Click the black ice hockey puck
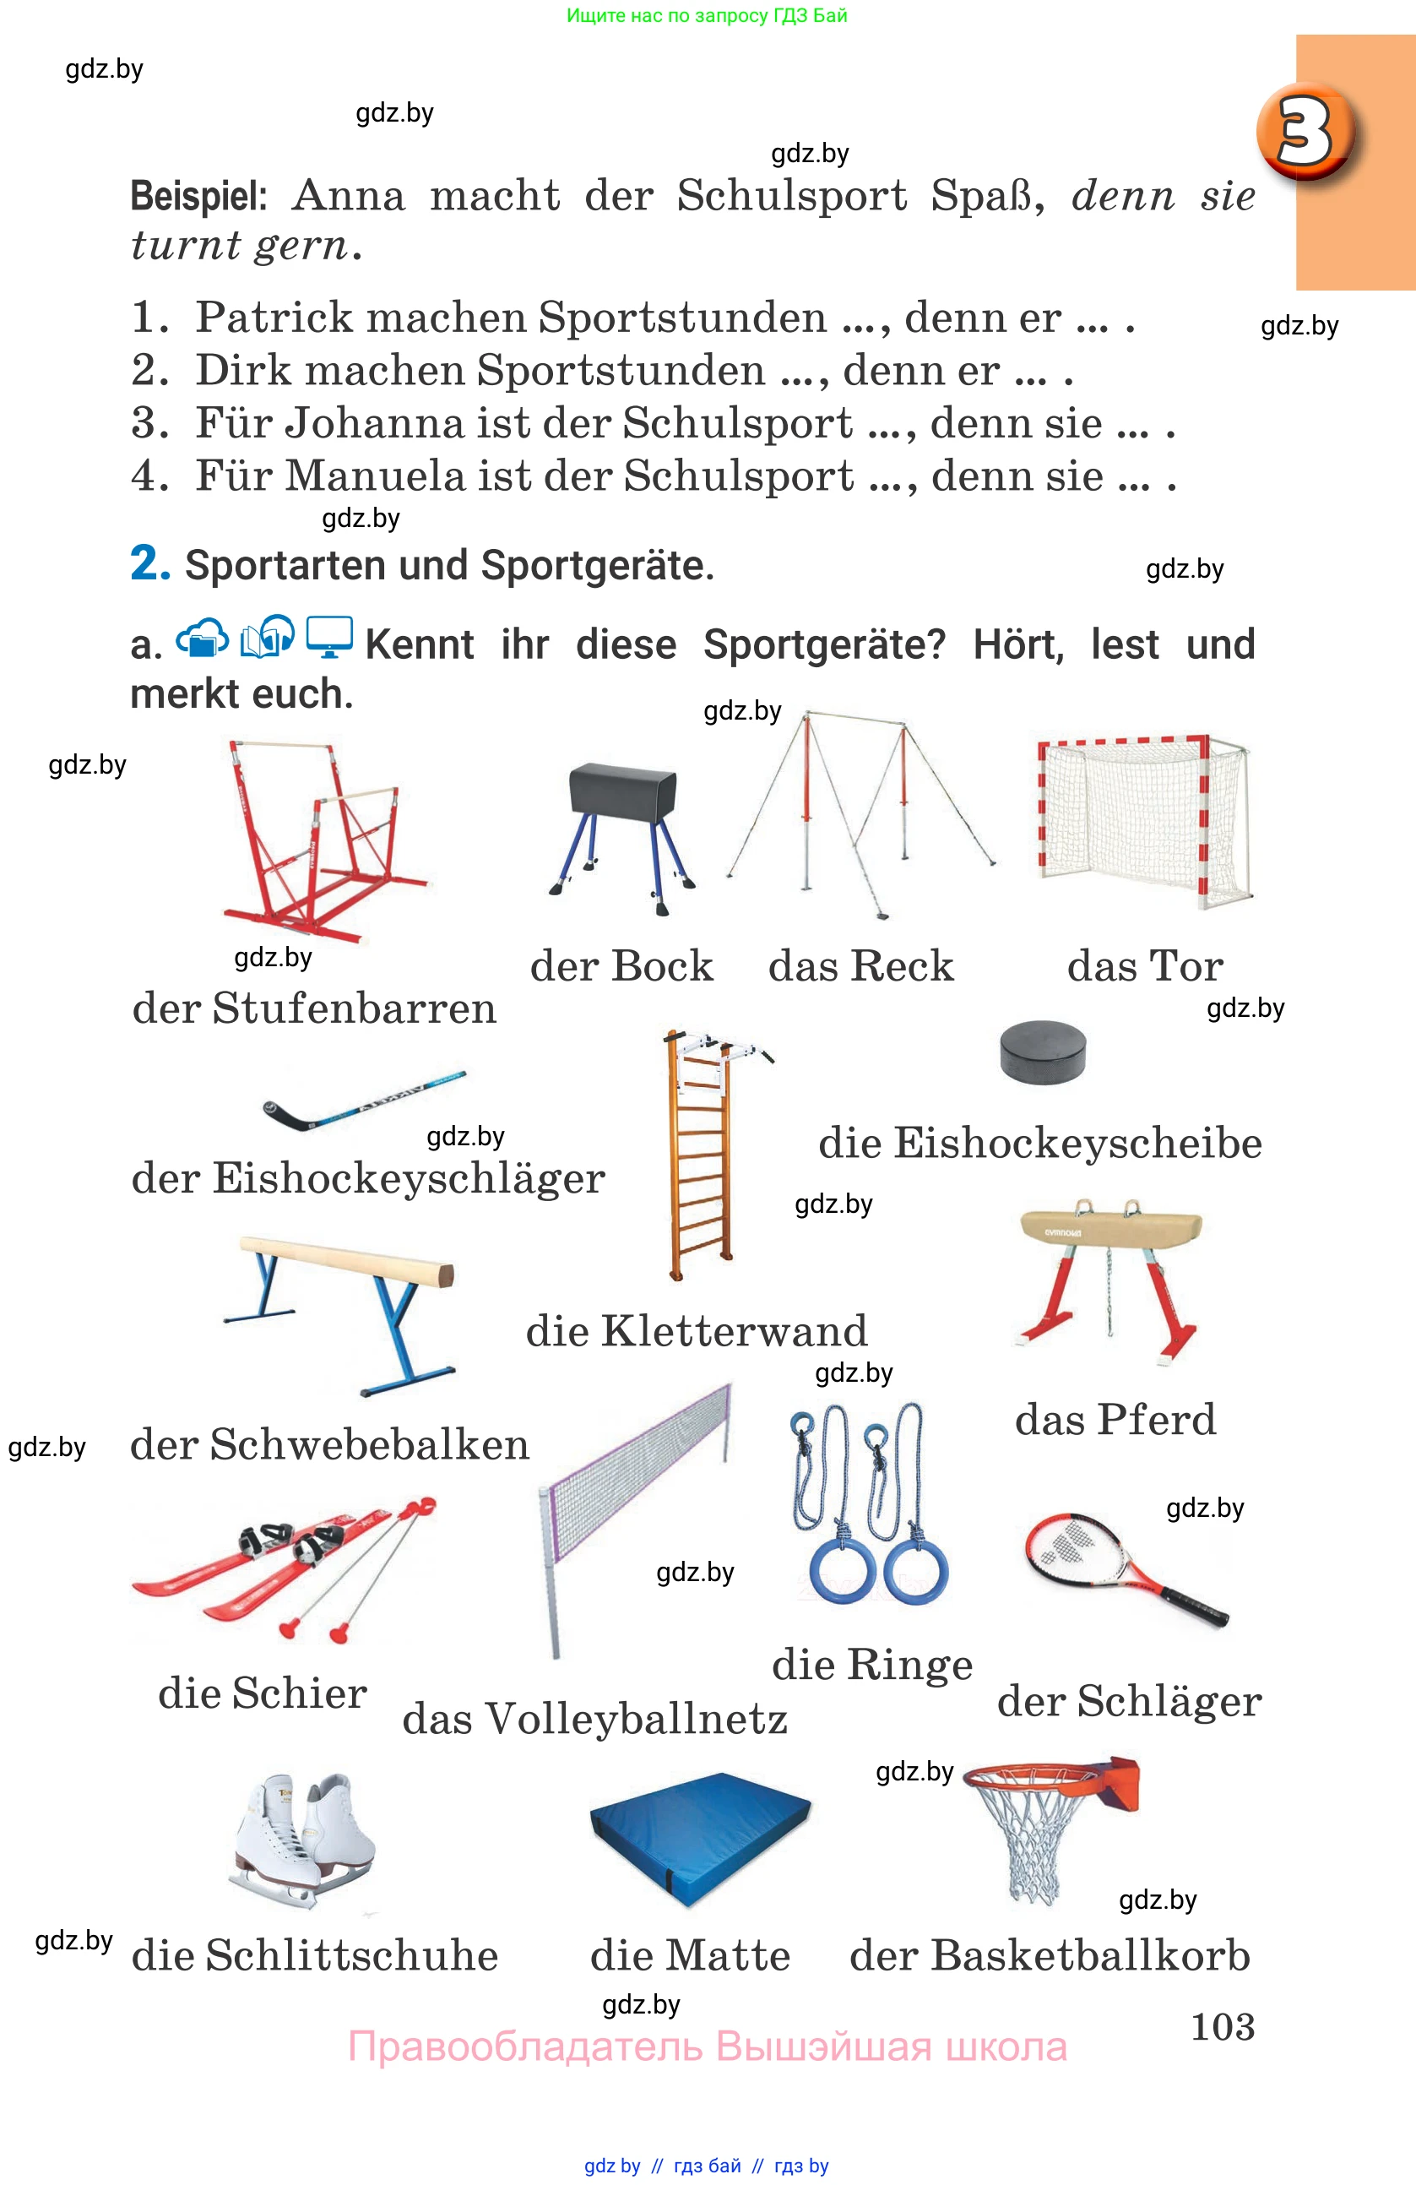point(1043,1052)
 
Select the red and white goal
point(1143,819)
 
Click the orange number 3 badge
point(1308,130)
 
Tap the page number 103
point(1222,2025)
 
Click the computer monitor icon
point(328,636)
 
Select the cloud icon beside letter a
point(202,637)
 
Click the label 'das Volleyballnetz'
point(594,1719)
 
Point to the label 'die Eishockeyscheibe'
point(1039,1143)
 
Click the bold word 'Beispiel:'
point(198,196)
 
